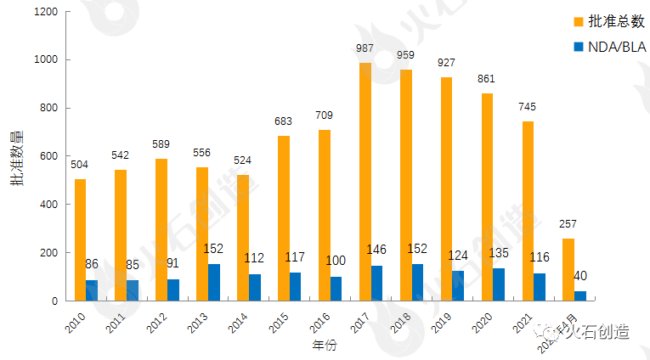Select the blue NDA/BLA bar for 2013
click(x=214, y=282)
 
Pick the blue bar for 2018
click(x=418, y=282)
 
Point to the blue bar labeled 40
click(x=580, y=295)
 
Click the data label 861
click(x=486, y=79)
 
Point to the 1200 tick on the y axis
click(x=47, y=12)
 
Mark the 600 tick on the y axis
click(x=50, y=156)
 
